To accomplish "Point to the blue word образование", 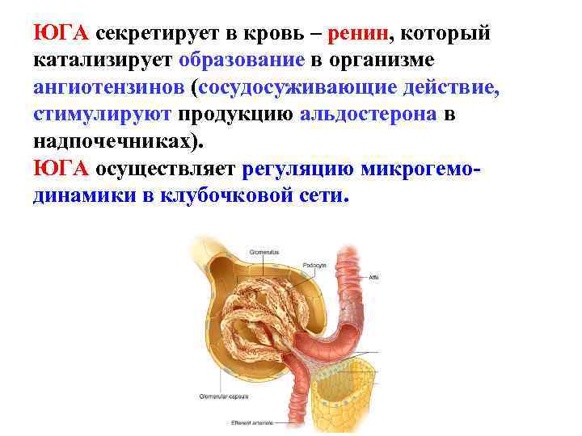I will [242, 61].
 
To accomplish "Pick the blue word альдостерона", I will [369, 114].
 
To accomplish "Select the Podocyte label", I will [314, 263].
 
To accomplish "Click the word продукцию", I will [236, 114].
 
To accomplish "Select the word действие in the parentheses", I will [448, 88].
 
